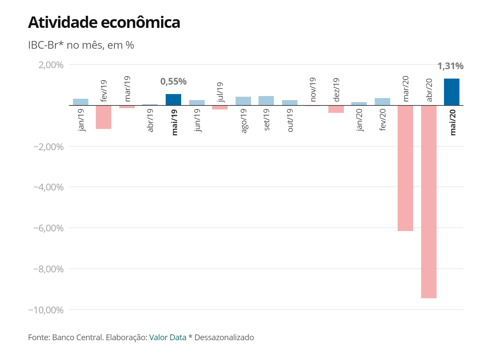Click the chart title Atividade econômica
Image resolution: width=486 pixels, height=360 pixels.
(104, 22)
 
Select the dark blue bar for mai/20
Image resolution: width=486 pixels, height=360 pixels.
(451, 92)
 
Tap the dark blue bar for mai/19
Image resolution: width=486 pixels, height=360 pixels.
(173, 100)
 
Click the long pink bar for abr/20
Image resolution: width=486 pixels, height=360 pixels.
(429, 201)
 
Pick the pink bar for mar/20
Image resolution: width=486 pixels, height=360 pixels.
(405, 168)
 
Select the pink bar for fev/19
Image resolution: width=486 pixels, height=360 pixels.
(104, 117)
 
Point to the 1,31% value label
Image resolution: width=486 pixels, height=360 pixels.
(450, 66)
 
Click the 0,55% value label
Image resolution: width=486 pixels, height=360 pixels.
(173, 82)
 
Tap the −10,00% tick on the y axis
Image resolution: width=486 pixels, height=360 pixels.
(46, 310)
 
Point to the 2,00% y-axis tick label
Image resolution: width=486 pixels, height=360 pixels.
(51, 65)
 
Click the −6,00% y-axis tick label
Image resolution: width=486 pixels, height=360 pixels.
(48, 228)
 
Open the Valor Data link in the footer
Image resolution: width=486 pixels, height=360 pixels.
(168, 337)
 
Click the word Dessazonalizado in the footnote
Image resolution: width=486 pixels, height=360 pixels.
(224, 337)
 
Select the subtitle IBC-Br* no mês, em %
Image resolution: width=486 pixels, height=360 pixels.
(81, 45)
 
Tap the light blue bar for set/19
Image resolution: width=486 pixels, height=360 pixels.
(266, 101)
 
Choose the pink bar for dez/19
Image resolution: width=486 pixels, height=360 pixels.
(336, 109)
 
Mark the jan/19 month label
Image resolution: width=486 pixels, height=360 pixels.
(81, 120)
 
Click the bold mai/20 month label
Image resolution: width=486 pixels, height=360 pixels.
(453, 123)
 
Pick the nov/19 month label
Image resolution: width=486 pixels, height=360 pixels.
(313, 89)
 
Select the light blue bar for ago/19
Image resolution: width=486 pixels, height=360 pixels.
(243, 101)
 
